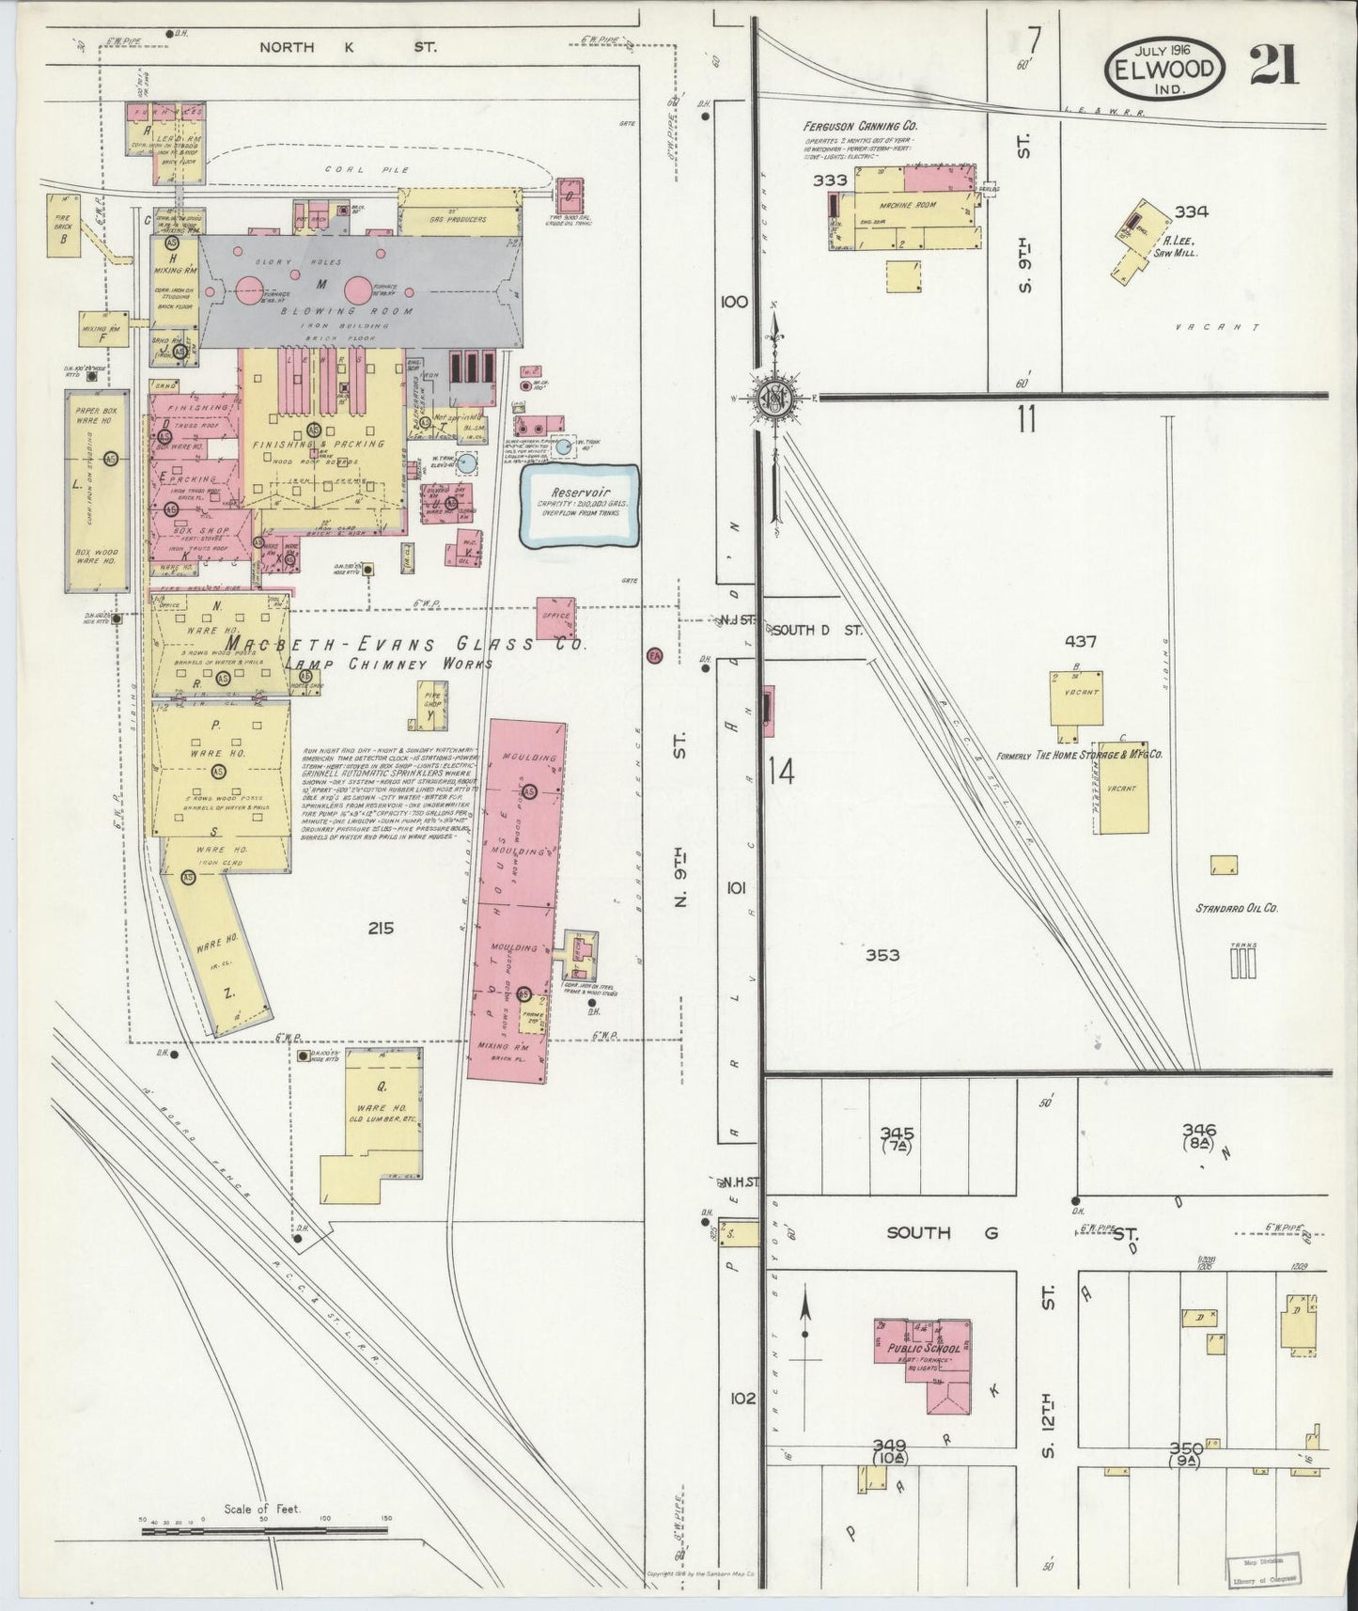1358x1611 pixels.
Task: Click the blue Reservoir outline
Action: click(x=580, y=506)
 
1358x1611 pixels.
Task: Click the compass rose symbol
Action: click(x=776, y=398)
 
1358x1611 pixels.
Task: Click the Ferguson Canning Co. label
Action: click(x=860, y=125)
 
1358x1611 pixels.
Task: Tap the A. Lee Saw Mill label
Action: click(x=1177, y=246)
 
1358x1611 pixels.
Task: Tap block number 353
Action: click(x=882, y=955)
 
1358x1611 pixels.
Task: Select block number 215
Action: click(x=381, y=929)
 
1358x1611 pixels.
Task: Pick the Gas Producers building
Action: click(x=460, y=211)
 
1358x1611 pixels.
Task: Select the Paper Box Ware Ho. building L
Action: click(x=96, y=492)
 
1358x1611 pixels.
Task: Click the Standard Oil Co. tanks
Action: click(x=1242, y=962)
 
